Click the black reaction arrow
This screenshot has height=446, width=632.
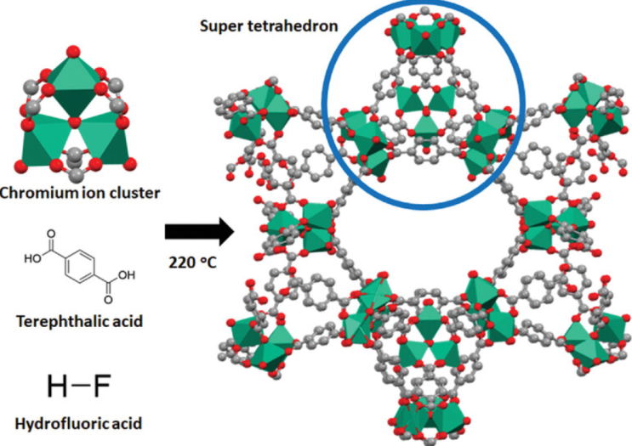click(200, 232)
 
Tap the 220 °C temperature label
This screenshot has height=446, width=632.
click(193, 263)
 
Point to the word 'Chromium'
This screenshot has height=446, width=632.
click(38, 193)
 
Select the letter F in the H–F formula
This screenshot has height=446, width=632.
click(102, 386)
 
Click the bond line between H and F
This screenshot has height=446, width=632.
click(80, 386)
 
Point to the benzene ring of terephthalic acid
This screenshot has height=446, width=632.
click(79, 267)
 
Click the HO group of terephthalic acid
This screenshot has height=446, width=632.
click(32, 259)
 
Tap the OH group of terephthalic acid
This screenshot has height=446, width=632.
click(126, 275)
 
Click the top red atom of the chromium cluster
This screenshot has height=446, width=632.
click(74, 52)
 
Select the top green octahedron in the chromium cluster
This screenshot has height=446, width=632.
click(74, 87)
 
